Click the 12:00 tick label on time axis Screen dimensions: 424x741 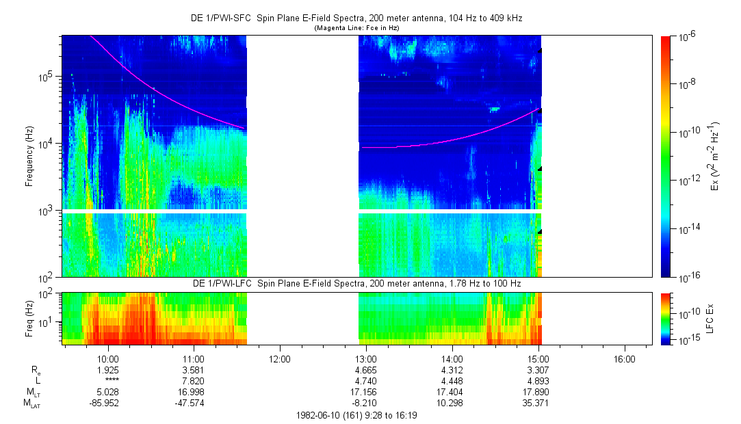pyautogui.click(x=280, y=358)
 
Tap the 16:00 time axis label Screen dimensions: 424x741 pyautogui.click(x=624, y=358)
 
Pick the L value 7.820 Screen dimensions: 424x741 pyautogui.click(x=194, y=380)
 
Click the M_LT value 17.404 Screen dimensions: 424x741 pyautogui.click(x=452, y=392)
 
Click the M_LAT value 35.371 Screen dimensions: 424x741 pyautogui.click(x=538, y=403)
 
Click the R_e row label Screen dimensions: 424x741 pyautogui.click(x=36, y=370)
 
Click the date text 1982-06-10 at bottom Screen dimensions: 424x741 pyautogui.click(x=320, y=415)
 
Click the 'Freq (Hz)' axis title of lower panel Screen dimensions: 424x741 pyautogui.click(x=29, y=318)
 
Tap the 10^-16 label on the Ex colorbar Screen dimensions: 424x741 pyautogui.click(x=690, y=276)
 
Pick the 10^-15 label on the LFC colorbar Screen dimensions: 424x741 pyautogui.click(x=690, y=340)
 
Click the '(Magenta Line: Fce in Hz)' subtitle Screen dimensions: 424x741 pyautogui.click(x=356, y=27)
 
